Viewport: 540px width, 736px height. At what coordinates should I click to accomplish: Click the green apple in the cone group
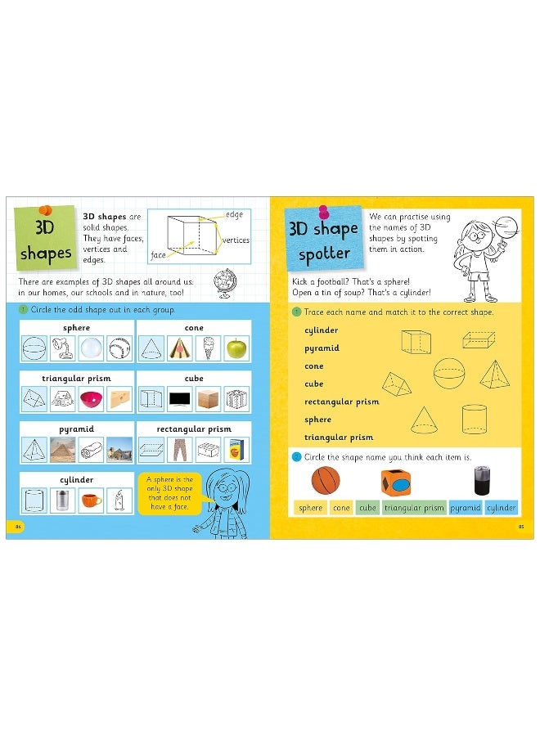[236, 349]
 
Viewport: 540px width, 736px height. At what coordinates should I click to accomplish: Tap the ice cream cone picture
[208, 349]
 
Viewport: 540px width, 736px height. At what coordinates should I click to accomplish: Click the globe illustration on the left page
[222, 283]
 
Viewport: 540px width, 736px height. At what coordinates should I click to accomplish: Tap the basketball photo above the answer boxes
[324, 480]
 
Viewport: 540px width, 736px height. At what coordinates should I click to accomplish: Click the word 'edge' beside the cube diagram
[235, 214]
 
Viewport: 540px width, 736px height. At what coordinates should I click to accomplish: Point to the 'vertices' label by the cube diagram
[236, 240]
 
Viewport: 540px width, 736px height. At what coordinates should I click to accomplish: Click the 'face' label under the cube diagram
[158, 255]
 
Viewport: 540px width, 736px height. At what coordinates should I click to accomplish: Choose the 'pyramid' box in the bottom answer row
[465, 508]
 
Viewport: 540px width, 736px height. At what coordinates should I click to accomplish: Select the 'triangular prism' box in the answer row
[414, 508]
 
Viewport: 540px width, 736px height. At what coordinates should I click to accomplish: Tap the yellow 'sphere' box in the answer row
[310, 508]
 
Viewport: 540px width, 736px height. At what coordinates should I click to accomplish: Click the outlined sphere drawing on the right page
[448, 373]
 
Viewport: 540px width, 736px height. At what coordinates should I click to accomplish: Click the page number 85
[520, 526]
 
